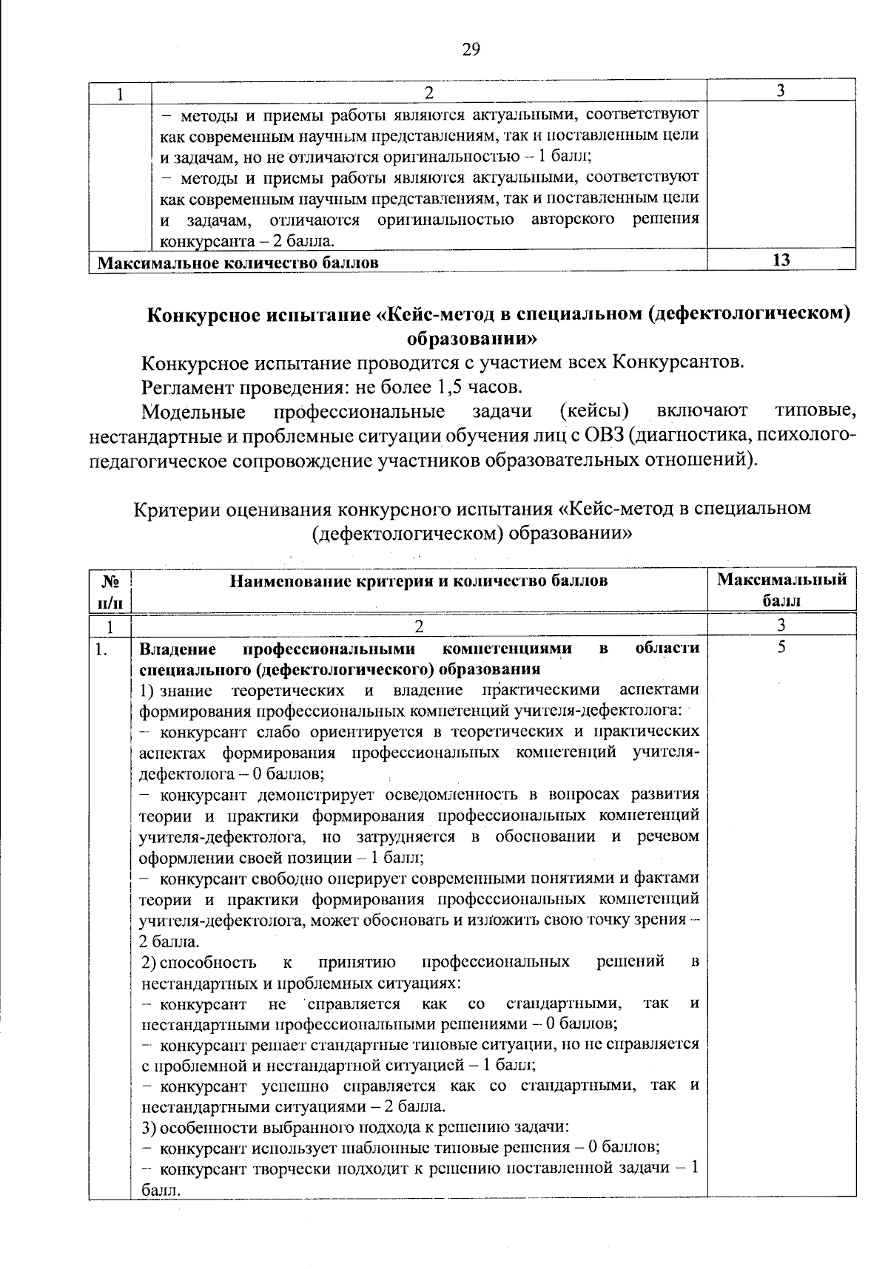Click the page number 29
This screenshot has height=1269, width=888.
(471, 50)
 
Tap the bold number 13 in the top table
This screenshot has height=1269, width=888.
(781, 260)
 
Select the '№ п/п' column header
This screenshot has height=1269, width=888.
(110, 592)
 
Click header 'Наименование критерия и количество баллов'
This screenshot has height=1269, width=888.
(419, 581)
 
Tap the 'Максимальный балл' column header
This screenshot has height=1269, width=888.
(781, 589)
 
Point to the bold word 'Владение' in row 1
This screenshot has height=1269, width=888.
(178, 649)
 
